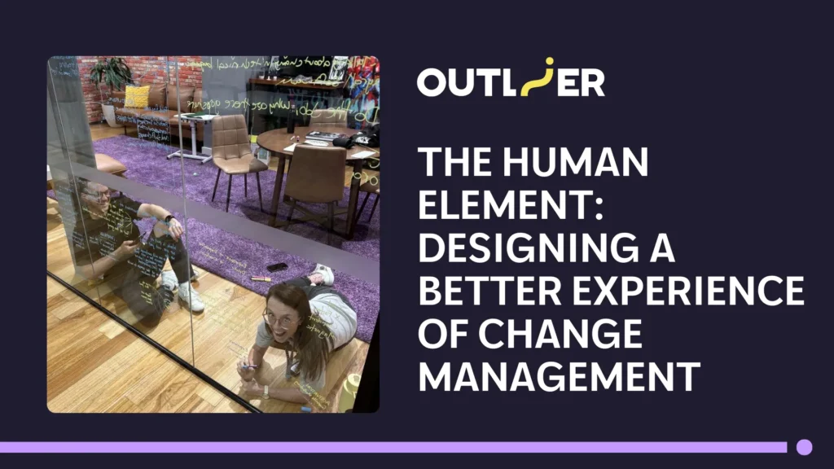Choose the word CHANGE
(562, 335)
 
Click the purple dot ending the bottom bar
(804, 446)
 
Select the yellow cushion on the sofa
(137, 97)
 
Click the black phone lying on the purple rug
(277, 266)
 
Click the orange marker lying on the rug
(261, 278)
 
